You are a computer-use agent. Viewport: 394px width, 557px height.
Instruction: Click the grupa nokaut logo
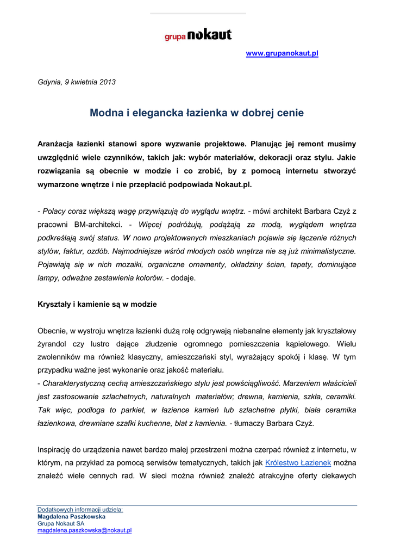198,35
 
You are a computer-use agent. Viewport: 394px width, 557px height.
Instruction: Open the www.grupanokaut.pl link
282,53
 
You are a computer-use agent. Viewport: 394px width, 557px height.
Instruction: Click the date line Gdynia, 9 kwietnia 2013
77,82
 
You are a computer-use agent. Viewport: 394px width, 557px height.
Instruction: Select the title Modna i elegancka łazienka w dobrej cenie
197,113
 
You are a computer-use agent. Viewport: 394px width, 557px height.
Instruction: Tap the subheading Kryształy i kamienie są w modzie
97,304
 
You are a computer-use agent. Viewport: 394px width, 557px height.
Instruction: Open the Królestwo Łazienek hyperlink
298,463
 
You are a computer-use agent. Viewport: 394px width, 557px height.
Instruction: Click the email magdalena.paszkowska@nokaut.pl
85,530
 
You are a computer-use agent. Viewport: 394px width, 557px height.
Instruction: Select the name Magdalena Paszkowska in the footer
71,517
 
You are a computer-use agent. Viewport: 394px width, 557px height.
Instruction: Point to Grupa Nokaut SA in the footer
61,523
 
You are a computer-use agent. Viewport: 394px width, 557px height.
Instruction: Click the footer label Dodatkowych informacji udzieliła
80,510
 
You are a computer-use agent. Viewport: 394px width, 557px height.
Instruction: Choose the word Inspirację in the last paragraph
55,450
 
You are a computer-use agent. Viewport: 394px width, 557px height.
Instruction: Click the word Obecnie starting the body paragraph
52,331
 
